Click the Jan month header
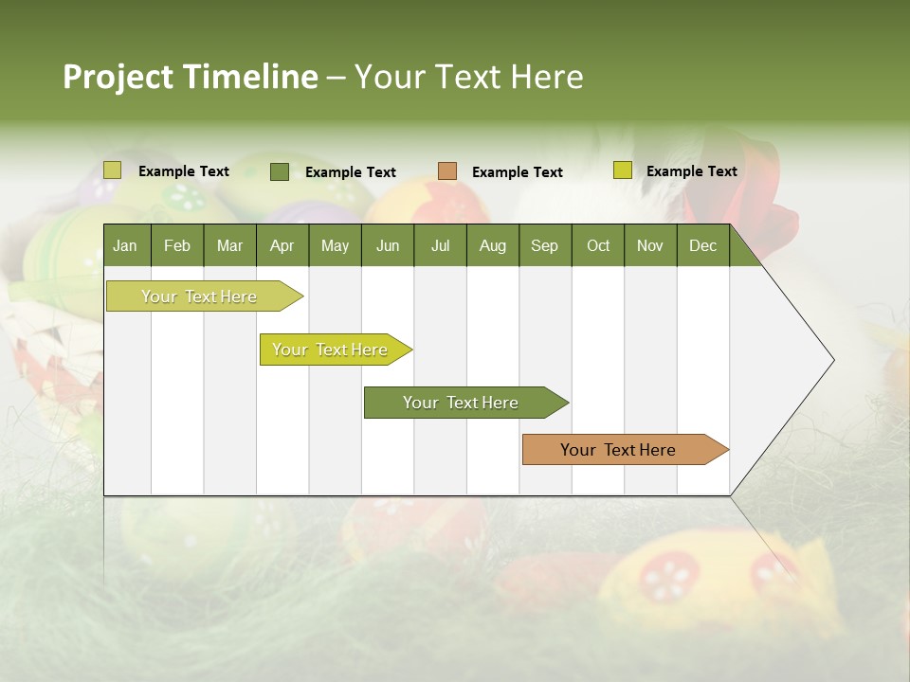tap(125, 245)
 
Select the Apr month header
tap(282, 245)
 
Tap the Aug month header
tap(492, 245)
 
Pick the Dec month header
tap(702, 245)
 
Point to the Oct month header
tap(598, 245)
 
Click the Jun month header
tap(388, 245)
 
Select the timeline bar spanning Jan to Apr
tap(199, 296)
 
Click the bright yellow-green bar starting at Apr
tap(330, 350)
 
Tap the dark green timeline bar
tap(461, 403)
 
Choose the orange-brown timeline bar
tap(618, 450)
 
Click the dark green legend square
tap(280, 171)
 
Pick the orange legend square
tap(447, 171)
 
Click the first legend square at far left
tap(113, 170)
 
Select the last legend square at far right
tap(622, 170)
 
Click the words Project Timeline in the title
tap(190, 77)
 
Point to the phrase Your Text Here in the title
tap(468, 77)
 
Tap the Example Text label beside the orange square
tap(518, 172)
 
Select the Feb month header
tap(177, 245)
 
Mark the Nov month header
tap(650, 245)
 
